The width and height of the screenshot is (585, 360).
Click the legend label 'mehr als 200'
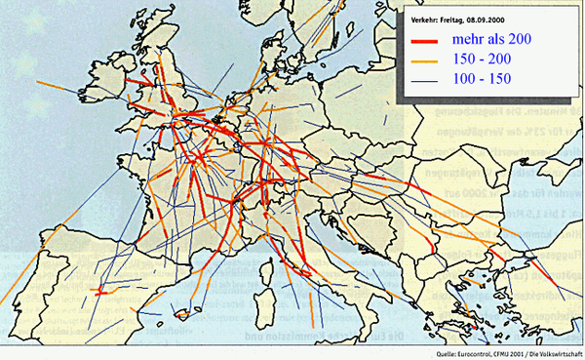[x=493, y=39]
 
